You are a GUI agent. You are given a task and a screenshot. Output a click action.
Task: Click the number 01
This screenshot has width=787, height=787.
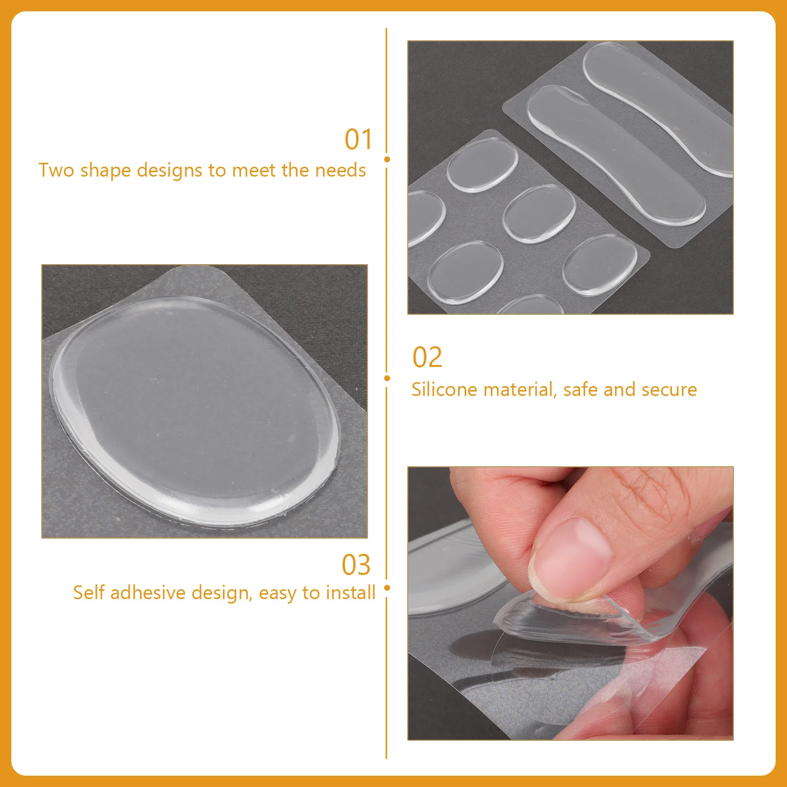tap(358, 140)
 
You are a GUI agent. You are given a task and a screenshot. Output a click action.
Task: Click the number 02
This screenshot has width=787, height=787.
tap(427, 358)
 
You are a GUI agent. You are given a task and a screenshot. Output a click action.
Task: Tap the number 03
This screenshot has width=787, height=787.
tap(356, 565)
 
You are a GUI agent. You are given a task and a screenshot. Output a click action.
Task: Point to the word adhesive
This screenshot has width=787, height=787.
tap(149, 593)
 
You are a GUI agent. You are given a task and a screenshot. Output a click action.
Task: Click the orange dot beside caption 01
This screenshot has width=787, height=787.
tap(387, 159)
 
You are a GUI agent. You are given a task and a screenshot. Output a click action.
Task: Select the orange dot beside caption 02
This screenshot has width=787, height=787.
tap(387, 378)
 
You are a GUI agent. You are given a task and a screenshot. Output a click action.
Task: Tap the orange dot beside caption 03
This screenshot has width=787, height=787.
tap(387, 588)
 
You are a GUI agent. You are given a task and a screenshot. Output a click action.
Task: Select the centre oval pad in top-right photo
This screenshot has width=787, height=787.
tap(539, 213)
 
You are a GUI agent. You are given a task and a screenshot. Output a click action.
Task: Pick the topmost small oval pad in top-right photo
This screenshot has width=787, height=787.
tap(482, 164)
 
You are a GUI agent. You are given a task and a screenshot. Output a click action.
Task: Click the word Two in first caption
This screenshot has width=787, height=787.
tap(56, 170)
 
